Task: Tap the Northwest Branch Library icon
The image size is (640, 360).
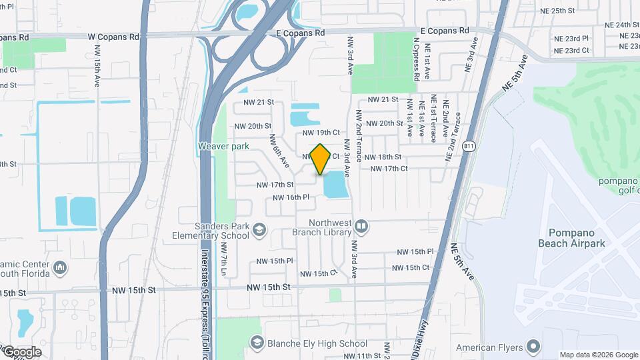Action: [361, 227]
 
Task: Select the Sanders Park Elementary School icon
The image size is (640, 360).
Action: [259, 231]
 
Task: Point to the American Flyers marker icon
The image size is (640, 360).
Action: [532, 347]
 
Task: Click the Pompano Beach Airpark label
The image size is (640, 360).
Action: [571, 238]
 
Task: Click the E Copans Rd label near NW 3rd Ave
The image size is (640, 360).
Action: [300, 32]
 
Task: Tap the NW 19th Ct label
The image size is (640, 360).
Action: [323, 133]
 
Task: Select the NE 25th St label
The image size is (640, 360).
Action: [554, 11]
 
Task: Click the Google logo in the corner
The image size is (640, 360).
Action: [21, 352]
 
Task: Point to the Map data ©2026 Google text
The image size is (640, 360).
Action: [598, 355]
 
